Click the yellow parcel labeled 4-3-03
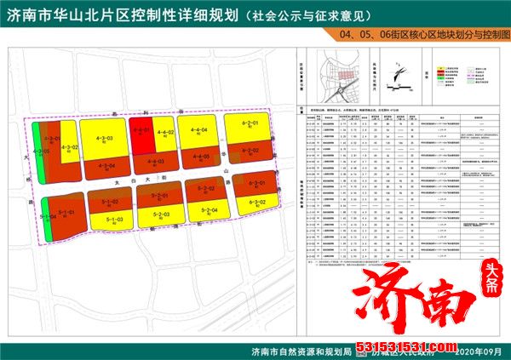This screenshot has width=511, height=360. tap(102, 140)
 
